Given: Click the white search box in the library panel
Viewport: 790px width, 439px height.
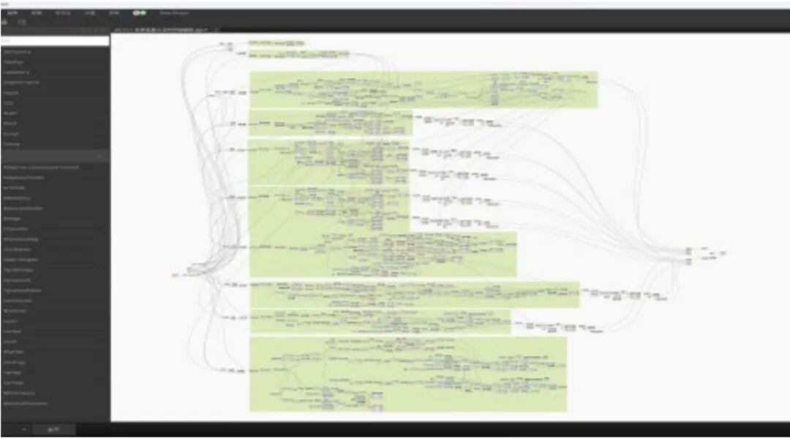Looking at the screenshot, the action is click(55, 42).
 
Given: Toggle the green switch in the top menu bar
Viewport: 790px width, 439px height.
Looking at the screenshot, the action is click(139, 13).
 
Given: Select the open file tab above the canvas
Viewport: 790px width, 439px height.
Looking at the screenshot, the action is click(161, 30).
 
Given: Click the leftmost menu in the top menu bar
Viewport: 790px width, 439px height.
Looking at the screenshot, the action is click(12, 13).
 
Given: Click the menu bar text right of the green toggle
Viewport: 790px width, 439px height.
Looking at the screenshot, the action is click(173, 13).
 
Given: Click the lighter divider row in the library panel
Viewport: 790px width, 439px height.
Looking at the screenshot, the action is click(55, 155).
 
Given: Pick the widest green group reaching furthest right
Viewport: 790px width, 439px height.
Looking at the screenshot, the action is click(424, 89).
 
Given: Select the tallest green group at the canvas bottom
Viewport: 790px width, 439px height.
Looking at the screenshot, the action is click(407, 374).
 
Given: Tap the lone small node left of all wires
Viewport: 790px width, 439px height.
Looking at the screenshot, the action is click(176, 274).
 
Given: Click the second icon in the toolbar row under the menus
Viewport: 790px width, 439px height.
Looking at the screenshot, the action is click(23, 23).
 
